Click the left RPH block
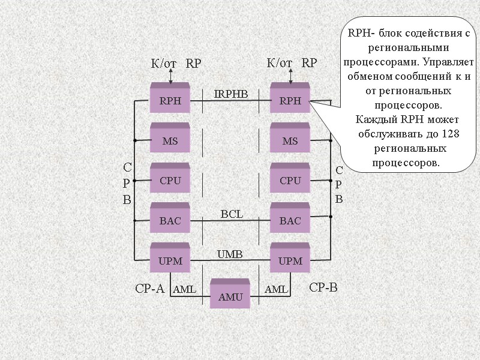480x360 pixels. (x=170, y=101)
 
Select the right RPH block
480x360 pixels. (x=290, y=101)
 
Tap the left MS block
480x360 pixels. (x=170, y=140)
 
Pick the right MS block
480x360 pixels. (x=290, y=140)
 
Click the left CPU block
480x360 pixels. (x=170, y=180)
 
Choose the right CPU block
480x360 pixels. (x=290, y=180)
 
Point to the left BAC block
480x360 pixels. (x=170, y=220)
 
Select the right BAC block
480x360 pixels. (x=290, y=220)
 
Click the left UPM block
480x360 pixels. (x=170, y=260)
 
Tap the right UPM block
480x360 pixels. (x=290, y=260)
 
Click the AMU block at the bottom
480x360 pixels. (x=230, y=296)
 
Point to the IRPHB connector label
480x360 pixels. (x=231, y=94)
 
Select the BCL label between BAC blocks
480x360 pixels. (x=232, y=214)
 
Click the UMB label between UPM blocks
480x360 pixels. (x=229, y=254)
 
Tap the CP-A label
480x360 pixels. (x=149, y=289)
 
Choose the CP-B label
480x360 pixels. (x=323, y=288)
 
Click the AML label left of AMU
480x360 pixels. (x=184, y=290)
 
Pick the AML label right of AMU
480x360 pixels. (x=277, y=290)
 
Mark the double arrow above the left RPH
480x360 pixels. (x=171, y=76)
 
